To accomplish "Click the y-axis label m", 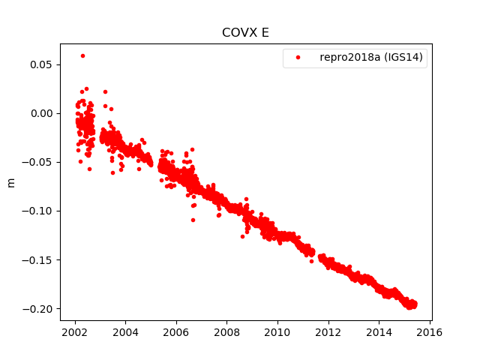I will (x=10, y=182).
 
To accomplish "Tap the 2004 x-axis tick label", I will (x=125, y=332).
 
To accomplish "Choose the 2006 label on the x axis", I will (x=176, y=332).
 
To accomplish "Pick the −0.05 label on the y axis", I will (x=40, y=162).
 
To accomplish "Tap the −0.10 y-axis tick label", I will (x=40, y=211).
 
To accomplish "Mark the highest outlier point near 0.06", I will (x=82, y=55).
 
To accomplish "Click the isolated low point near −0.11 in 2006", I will (x=193, y=220).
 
